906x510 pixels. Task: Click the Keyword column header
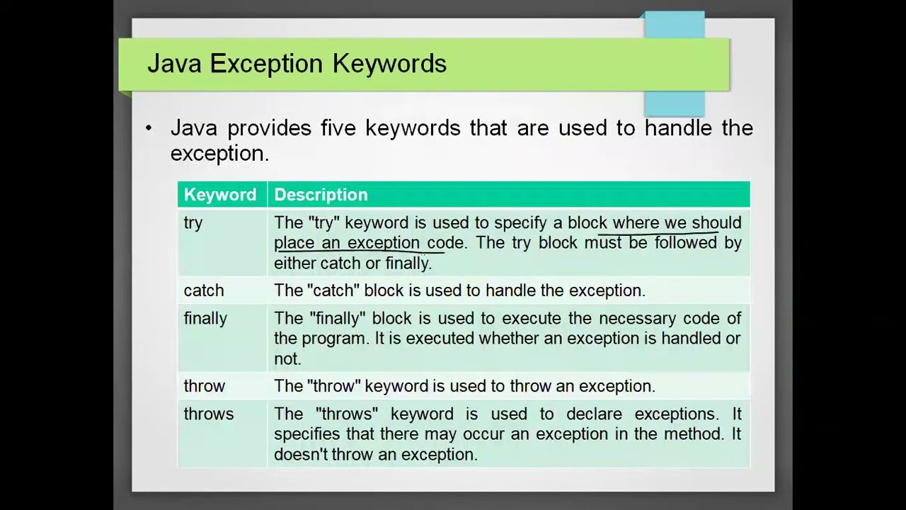pos(219,195)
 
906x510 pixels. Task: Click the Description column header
pos(321,195)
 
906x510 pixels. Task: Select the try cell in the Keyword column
pos(193,223)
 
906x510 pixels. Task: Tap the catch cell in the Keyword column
pos(203,290)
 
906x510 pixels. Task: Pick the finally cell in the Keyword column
pos(205,319)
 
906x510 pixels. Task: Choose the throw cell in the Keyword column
pos(204,386)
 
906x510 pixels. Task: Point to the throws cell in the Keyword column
pos(208,414)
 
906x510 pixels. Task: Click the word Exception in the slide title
pos(268,64)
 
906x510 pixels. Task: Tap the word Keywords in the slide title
pos(389,64)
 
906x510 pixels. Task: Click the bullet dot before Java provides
pos(149,128)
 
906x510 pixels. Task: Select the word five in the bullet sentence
pos(339,128)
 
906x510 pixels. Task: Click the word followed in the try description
pos(685,243)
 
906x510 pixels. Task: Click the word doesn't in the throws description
pos(300,455)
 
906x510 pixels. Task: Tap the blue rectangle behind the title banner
pos(675,103)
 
